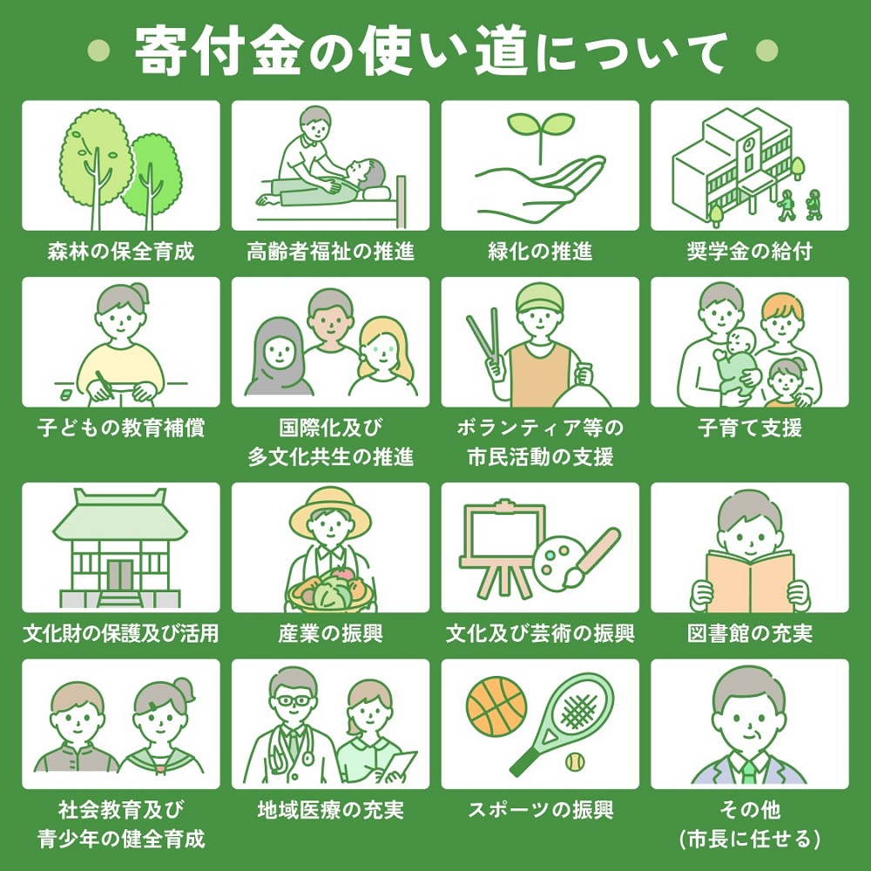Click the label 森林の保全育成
click(x=121, y=253)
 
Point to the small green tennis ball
click(x=574, y=763)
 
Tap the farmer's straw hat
click(x=330, y=511)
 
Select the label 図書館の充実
click(x=749, y=633)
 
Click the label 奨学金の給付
click(x=749, y=253)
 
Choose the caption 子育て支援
click(x=749, y=429)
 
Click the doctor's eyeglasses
click(x=291, y=699)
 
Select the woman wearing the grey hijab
click(x=277, y=357)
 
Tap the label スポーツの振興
click(x=540, y=810)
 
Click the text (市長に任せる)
click(x=749, y=840)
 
